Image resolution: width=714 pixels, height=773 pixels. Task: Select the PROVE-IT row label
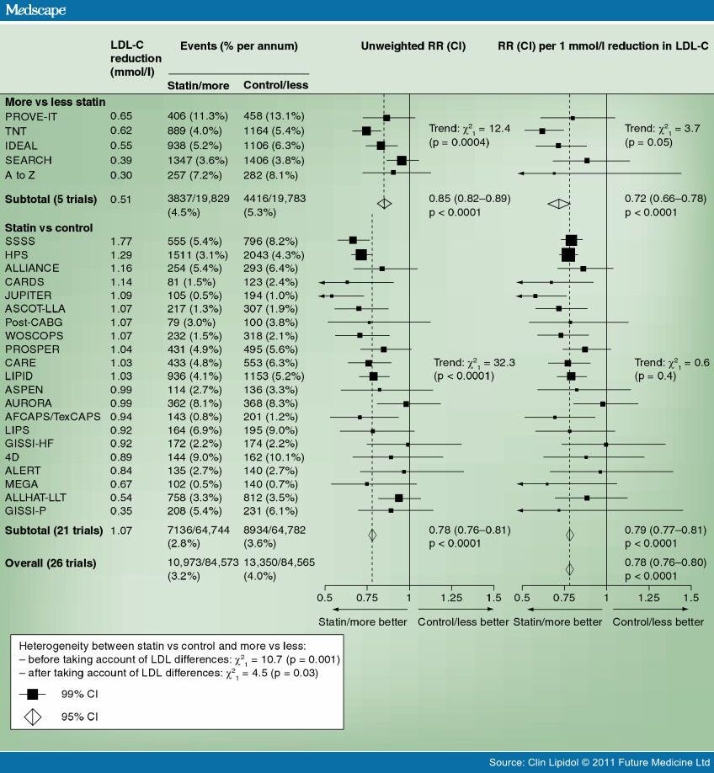pyautogui.click(x=30, y=115)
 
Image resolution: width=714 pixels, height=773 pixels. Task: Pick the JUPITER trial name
pyautogui.click(x=29, y=296)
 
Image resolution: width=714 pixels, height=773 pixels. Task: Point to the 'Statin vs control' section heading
pyautogui.click(x=48, y=227)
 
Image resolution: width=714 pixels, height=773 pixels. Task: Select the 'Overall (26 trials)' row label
pyautogui.click(x=51, y=562)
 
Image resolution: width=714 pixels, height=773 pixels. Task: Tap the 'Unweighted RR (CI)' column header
pyautogui.click(x=413, y=45)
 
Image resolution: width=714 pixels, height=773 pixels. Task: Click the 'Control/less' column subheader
pyautogui.click(x=275, y=85)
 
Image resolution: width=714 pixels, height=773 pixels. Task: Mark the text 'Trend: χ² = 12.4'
pyautogui.click(x=466, y=128)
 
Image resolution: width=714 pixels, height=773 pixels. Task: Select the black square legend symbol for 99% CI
pyautogui.click(x=33, y=694)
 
